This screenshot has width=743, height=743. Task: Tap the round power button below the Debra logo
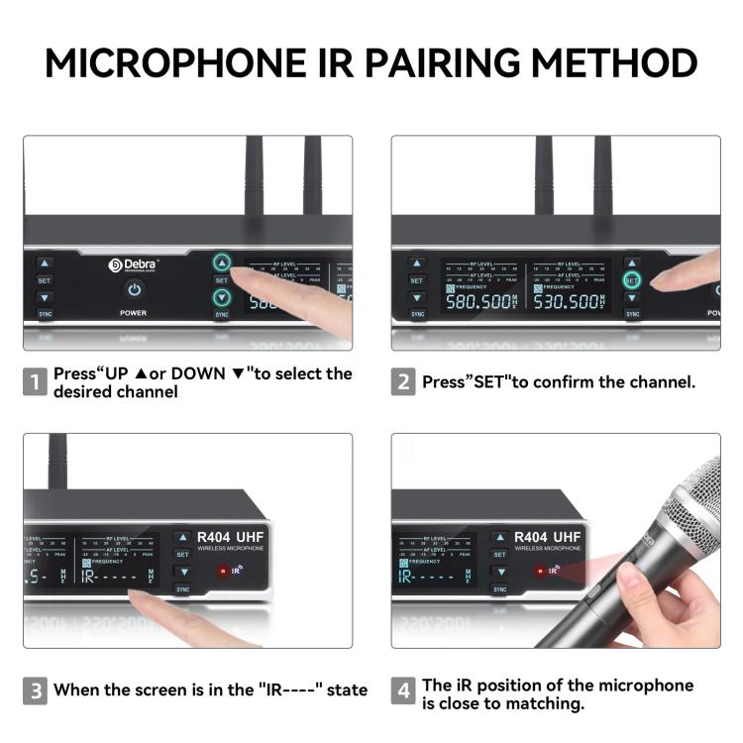[x=134, y=289]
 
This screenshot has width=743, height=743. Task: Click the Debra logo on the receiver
[x=133, y=265]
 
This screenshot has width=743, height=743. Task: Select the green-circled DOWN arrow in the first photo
[x=222, y=297]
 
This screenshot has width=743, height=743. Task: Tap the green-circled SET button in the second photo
[x=632, y=280]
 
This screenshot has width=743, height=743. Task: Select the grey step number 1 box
[x=35, y=382]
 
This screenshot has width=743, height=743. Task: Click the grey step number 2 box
[x=403, y=382]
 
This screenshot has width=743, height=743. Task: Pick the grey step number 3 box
[x=35, y=690]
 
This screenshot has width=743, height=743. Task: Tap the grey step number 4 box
[x=403, y=690]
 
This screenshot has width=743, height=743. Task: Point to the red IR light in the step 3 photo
[x=223, y=572]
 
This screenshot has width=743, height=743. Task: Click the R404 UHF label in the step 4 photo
[x=547, y=537]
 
